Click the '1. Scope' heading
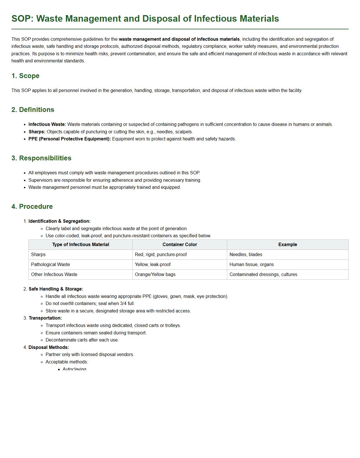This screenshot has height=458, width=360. coord(25,76)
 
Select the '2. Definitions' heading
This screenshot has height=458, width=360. coord(33,110)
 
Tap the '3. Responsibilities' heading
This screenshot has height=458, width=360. coord(41,158)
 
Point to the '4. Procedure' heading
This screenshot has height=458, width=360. coord(32,206)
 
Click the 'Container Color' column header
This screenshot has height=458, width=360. coord(180,245)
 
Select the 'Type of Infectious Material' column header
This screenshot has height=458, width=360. coord(80,245)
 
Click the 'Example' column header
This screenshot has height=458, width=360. coord(287,245)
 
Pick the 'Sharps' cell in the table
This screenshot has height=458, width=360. coord(38,255)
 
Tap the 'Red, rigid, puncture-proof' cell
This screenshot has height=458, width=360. coord(161,255)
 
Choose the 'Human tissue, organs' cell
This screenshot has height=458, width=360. coord(251,265)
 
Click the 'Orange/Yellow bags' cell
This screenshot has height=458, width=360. coord(155,275)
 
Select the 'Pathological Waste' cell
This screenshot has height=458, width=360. coord(50,265)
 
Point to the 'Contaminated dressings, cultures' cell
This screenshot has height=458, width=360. coord(263,275)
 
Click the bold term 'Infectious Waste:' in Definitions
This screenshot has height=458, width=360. coord(47,124)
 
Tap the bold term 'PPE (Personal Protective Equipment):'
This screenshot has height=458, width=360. coord(70,139)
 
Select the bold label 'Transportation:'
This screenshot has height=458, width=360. coord(45,318)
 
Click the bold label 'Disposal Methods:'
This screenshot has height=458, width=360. coord(49,347)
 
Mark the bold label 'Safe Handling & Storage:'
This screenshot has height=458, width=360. coord(56,289)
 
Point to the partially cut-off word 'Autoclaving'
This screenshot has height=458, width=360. coord(74,369)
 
